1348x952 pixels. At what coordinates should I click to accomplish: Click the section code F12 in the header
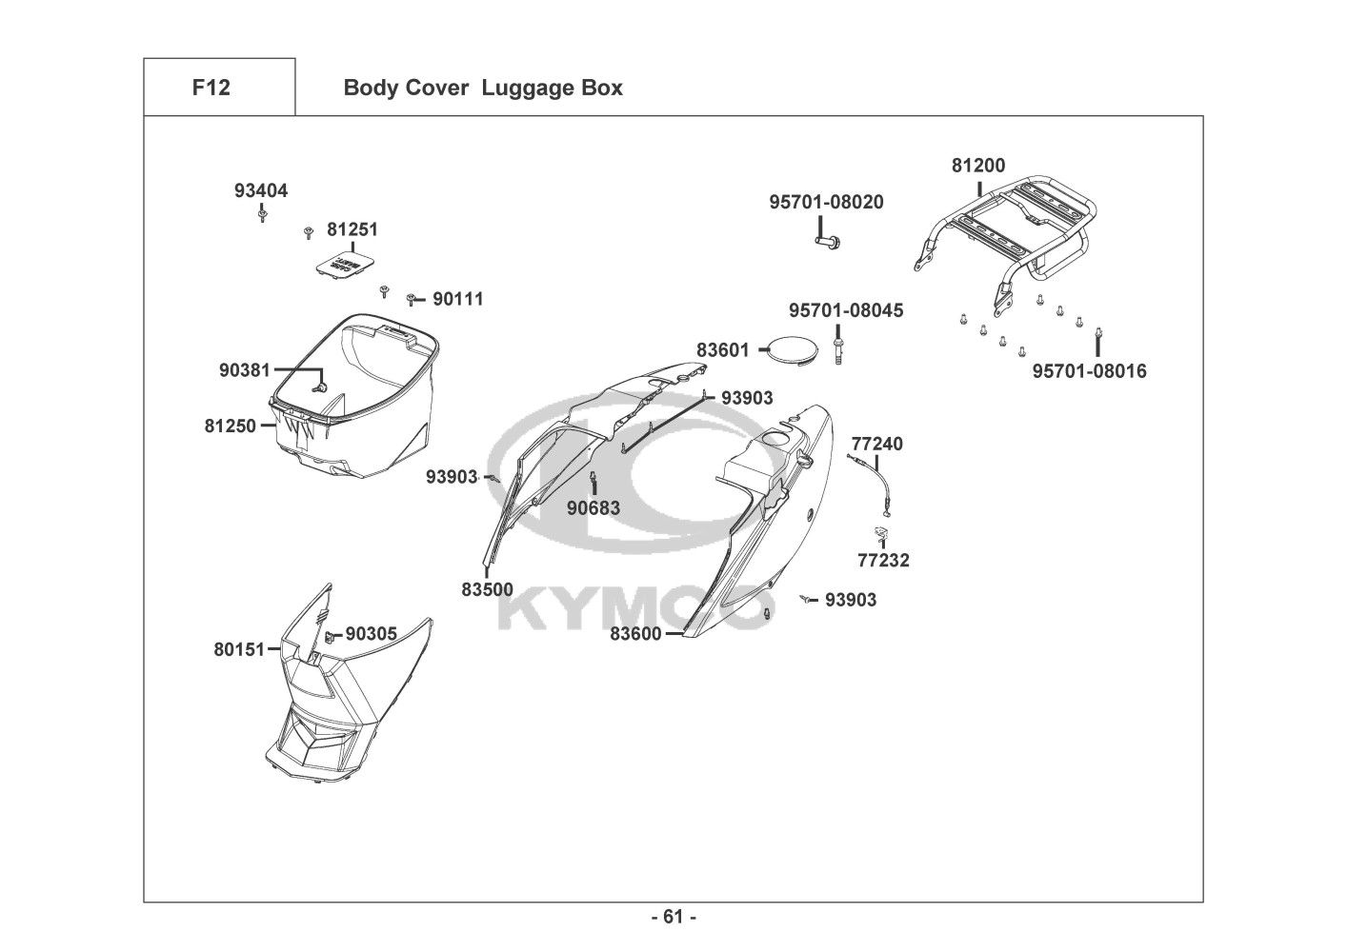(211, 88)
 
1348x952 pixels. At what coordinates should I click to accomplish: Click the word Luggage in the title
(520, 89)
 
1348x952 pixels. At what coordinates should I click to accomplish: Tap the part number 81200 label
(978, 166)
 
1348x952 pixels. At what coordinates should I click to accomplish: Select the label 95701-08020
(826, 202)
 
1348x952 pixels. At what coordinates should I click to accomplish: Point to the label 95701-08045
(846, 310)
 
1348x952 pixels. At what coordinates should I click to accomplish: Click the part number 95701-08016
(1089, 371)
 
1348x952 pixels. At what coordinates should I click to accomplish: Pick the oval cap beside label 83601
(795, 350)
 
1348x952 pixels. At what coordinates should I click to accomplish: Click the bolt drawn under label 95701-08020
(829, 242)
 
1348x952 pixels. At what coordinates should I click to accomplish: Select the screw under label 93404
(262, 214)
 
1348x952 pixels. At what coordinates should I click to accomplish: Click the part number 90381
(245, 370)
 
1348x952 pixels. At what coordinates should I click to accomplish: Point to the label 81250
(230, 426)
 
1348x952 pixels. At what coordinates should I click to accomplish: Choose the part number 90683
(594, 508)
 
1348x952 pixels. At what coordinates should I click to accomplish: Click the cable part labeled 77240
(870, 486)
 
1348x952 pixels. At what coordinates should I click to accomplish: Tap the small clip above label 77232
(881, 532)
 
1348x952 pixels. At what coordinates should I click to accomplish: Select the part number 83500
(488, 589)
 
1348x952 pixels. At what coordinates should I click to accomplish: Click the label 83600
(635, 634)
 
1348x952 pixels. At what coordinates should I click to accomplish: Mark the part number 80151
(239, 649)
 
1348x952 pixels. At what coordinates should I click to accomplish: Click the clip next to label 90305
(330, 636)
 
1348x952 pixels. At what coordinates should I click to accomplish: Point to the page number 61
(674, 917)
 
